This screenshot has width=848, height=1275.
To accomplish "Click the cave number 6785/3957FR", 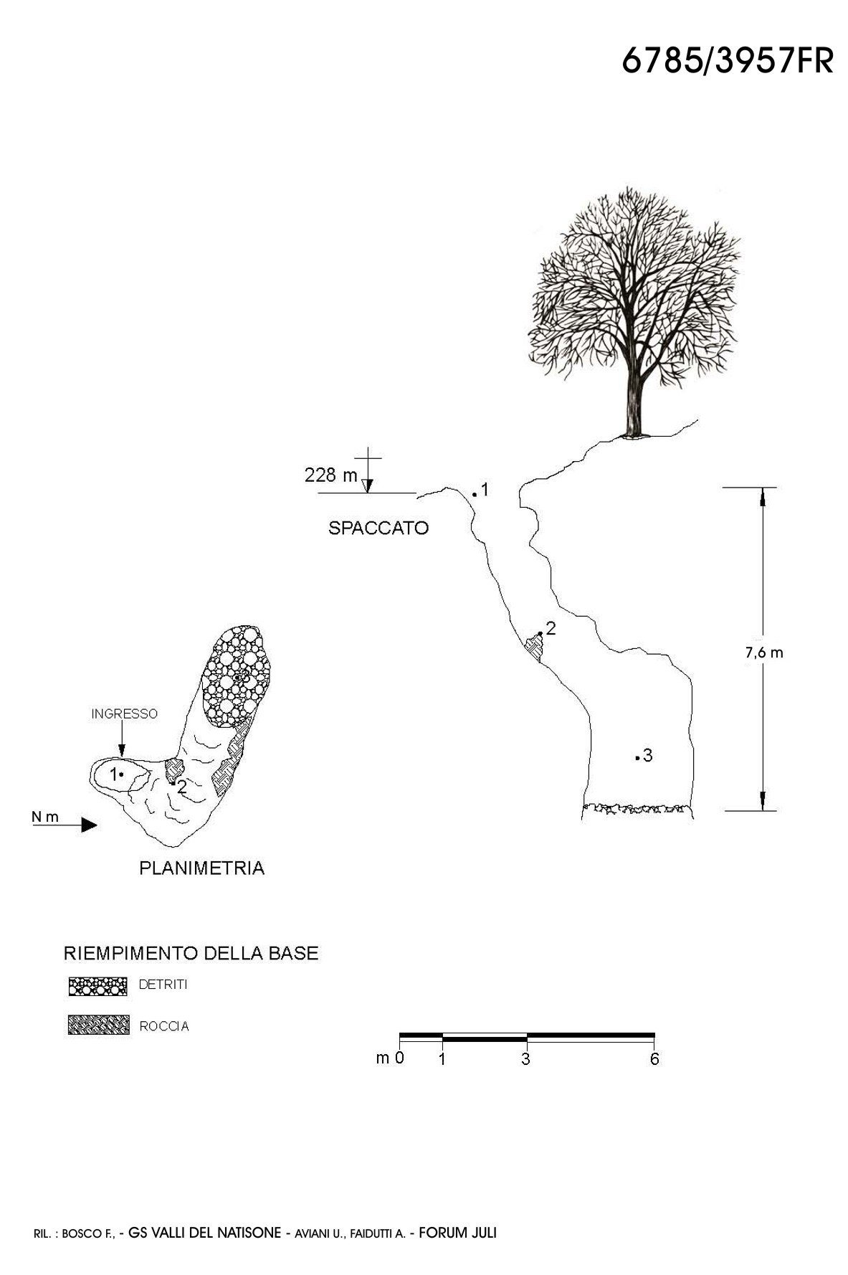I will click(727, 62).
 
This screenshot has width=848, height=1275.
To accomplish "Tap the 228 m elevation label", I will click(330, 475).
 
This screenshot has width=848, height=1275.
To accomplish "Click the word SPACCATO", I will click(378, 529).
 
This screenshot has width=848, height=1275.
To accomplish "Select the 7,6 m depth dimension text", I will click(764, 653).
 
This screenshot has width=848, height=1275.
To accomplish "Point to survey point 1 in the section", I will click(475, 493).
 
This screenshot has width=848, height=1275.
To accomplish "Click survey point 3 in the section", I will click(637, 757).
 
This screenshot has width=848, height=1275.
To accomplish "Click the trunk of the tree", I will click(634, 402).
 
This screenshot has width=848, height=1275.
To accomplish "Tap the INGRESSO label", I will click(124, 714).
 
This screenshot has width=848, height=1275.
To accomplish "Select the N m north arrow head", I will click(89, 825).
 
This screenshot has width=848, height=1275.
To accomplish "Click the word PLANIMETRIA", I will click(201, 868).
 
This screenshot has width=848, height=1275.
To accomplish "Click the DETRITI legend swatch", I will click(97, 986).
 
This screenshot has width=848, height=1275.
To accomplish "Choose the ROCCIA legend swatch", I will click(98, 1025).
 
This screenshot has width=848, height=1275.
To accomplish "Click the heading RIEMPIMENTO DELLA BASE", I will click(191, 954).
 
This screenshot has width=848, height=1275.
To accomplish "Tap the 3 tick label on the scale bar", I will click(525, 1060).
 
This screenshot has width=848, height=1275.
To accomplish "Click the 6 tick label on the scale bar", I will click(654, 1060).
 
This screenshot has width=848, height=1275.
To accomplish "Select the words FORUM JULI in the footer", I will click(457, 1233).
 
